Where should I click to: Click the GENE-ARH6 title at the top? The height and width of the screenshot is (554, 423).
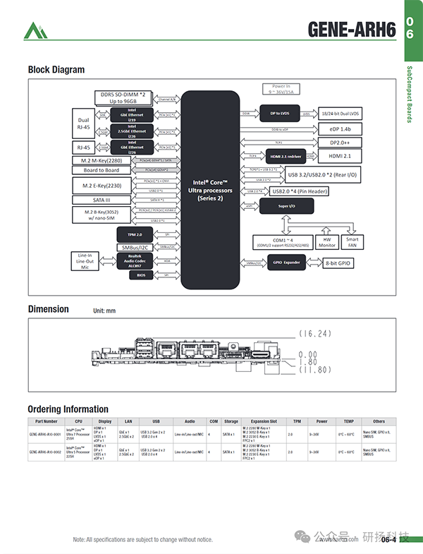(352, 30)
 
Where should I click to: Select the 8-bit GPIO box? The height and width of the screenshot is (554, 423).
(338, 263)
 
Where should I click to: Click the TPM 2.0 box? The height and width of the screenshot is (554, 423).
(135, 234)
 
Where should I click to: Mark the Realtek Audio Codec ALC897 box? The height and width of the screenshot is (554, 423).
(135, 260)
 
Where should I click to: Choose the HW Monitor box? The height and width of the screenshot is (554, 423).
(326, 242)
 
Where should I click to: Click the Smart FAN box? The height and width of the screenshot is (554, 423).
(352, 242)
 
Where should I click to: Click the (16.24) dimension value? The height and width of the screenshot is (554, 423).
(314, 332)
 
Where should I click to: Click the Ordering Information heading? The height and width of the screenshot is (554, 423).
(68, 409)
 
